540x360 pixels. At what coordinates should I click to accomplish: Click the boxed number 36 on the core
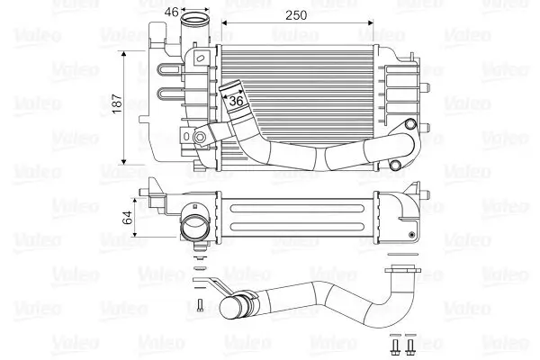pos(238,101)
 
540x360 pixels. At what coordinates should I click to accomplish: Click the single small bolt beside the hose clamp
pos(197,303)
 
